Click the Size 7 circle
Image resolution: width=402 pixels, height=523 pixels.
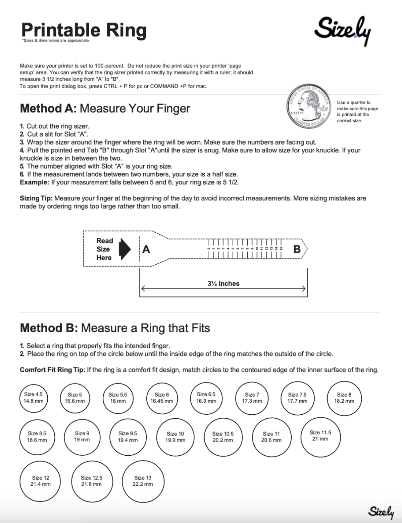click(x=252, y=398)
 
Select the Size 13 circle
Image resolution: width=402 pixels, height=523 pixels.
click(x=143, y=481)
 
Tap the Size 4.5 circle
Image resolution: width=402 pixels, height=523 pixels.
click(x=33, y=398)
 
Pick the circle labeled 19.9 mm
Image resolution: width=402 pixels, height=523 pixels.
click(x=175, y=437)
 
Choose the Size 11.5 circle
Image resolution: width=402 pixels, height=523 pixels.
click(x=320, y=435)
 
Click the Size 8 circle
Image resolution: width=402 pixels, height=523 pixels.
click(x=344, y=398)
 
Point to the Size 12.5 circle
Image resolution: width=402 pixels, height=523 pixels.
click(x=92, y=481)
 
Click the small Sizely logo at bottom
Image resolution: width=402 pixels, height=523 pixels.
click(x=381, y=512)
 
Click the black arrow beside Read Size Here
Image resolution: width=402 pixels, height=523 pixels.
click(x=124, y=249)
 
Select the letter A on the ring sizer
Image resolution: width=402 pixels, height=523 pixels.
click(x=146, y=249)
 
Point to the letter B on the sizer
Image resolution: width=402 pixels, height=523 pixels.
click(x=297, y=249)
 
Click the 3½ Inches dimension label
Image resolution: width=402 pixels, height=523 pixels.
click(x=223, y=284)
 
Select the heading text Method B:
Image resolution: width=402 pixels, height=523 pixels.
click(x=49, y=328)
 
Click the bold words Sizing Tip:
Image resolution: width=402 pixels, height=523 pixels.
click(x=36, y=198)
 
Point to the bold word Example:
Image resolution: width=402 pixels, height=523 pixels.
click(x=34, y=182)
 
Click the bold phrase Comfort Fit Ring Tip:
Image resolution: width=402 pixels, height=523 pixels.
click(x=52, y=370)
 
